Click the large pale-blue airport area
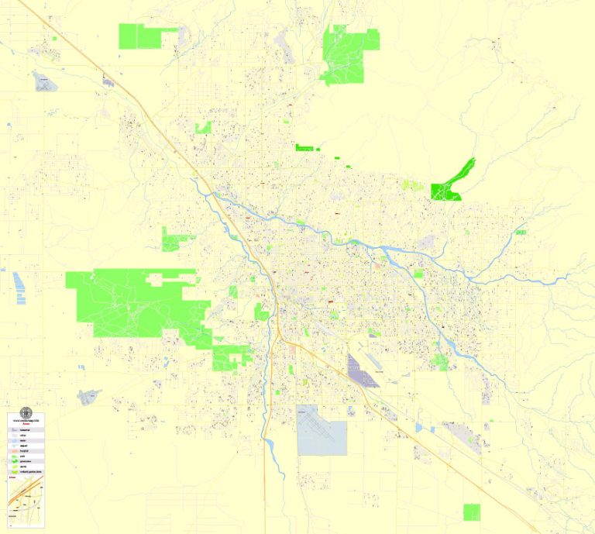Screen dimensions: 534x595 pos(321,430)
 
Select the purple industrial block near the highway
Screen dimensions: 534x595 pos(363,371)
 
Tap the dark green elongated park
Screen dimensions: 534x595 pos(452,183)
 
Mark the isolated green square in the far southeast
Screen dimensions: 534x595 pos(471,512)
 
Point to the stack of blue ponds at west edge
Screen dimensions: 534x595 pos(18,287)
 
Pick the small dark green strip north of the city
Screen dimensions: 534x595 pos(305,147)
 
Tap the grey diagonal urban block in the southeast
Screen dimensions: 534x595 pos(469,439)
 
